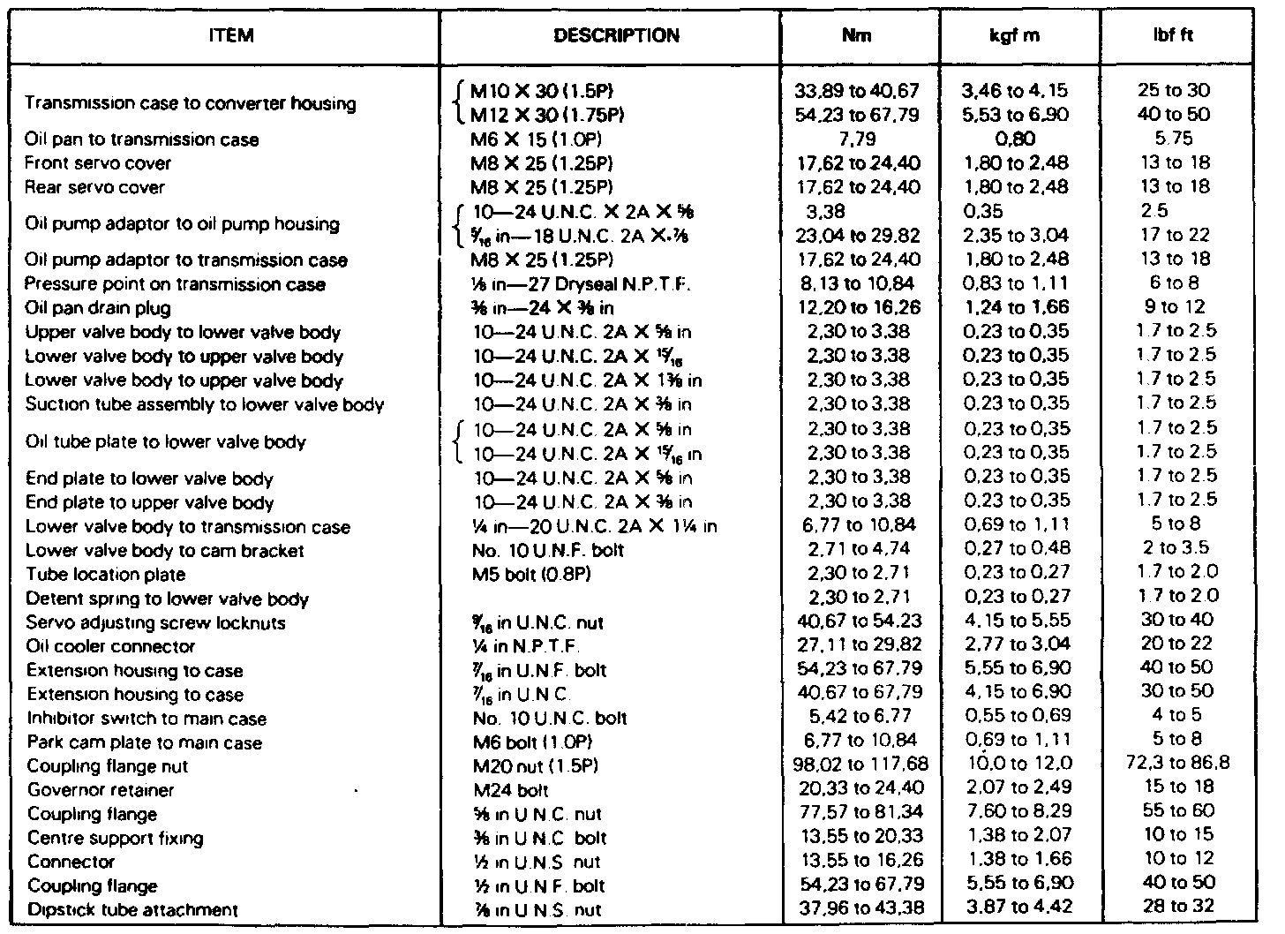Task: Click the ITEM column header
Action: (232, 37)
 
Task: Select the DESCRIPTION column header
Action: (616, 37)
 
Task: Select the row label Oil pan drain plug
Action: (98, 309)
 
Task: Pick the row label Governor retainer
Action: (101, 790)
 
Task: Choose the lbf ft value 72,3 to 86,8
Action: (1177, 763)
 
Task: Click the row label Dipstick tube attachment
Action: (132, 910)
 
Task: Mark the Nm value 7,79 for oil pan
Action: (856, 139)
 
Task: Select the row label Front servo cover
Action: (98, 163)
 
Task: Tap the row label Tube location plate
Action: (106, 575)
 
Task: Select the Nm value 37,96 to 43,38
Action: (856, 908)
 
